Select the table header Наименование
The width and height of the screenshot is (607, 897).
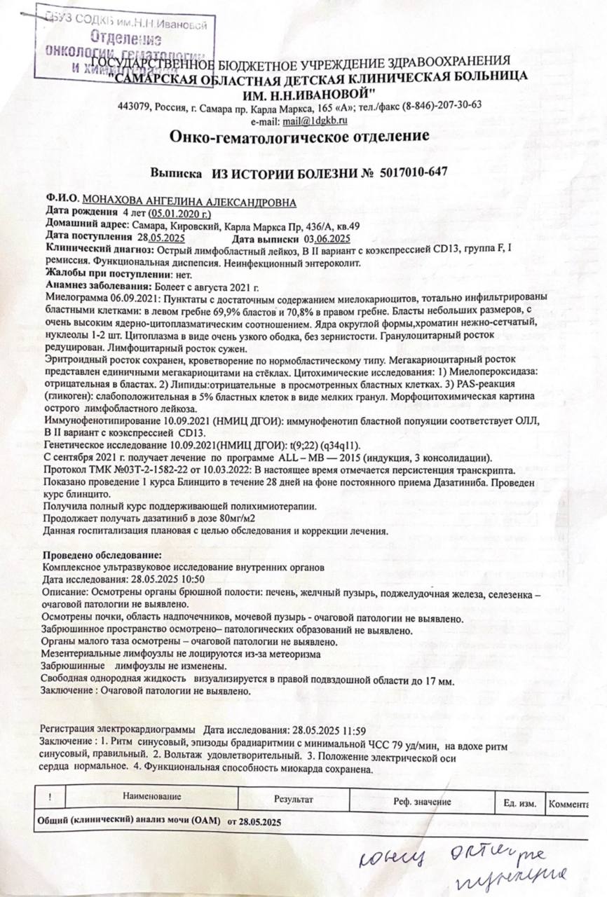[x=152, y=796]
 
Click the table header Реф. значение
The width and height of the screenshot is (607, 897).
[x=423, y=801]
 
